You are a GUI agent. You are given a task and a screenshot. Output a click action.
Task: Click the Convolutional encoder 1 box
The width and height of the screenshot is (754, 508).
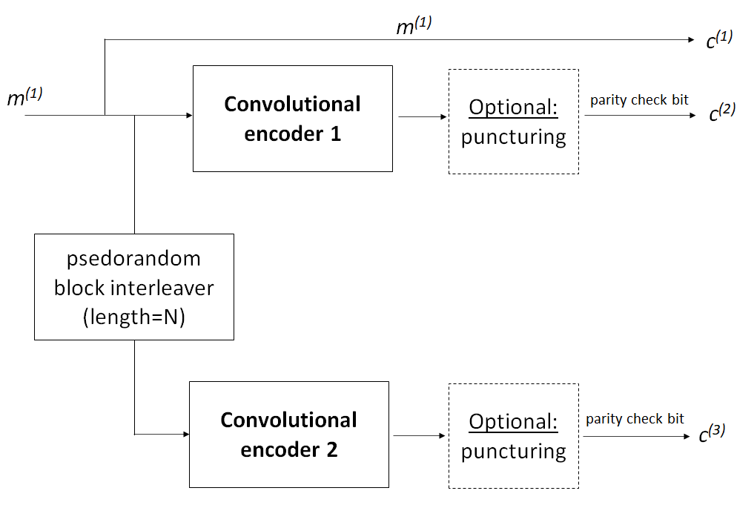tap(292, 119)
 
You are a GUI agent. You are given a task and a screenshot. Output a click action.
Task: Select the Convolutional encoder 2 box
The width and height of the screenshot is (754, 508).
tap(289, 435)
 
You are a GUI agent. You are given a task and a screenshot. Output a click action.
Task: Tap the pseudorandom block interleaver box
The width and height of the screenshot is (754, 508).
tap(134, 287)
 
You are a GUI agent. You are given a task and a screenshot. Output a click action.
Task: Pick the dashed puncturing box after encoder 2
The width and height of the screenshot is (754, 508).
tap(513, 436)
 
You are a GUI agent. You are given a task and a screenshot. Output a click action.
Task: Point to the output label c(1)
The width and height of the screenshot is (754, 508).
tap(718, 39)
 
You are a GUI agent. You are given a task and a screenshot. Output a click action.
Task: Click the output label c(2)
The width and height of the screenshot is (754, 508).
tap(721, 113)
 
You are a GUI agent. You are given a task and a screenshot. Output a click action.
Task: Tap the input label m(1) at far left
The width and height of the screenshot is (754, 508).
tap(25, 97)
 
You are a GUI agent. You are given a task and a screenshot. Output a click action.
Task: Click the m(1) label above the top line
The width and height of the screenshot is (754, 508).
tap(414, 27)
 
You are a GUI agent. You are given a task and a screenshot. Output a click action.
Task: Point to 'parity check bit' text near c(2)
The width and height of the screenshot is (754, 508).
tap(639, 100)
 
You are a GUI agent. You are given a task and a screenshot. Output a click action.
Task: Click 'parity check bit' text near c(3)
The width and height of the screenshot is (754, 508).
tap(635, 419)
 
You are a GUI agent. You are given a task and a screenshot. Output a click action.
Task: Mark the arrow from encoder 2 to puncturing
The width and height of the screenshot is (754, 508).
tap(418, 435)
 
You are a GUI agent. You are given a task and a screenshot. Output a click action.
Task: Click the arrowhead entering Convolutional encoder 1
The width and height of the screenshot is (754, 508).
tap(189, 116)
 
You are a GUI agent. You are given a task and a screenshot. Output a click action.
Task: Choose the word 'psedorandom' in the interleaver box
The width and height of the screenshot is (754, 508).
tap(133, 259)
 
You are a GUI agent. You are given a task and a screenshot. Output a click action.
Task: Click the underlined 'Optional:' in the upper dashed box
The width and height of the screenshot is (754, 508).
tap(513, 108)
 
